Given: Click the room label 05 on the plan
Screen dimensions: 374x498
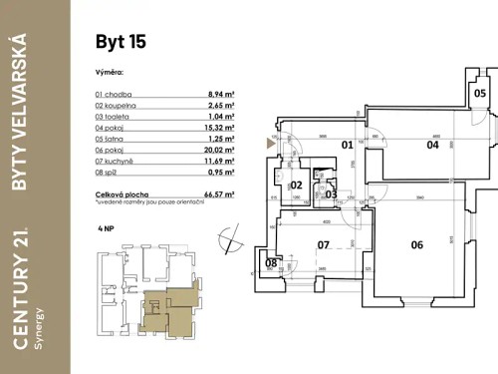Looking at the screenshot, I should click(480, 94).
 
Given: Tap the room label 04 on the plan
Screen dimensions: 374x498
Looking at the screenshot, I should click(405, 145).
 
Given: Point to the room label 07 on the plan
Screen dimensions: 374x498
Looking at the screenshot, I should click(323, 243).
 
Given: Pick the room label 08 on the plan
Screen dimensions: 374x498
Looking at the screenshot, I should click(272, 264).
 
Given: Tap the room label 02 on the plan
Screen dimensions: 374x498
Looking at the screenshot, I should click(296, 186).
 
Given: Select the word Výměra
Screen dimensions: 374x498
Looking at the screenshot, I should click(110, 73).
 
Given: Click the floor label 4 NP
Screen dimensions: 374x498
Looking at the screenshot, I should click(106, 228).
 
